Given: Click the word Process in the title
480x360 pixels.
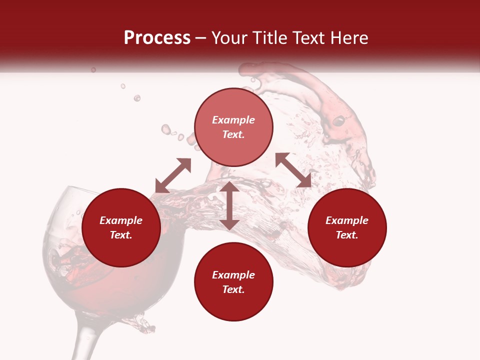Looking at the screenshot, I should [157, 38].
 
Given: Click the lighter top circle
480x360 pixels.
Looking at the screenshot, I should [233, 127].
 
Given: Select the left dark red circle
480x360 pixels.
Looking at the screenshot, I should [121, 227].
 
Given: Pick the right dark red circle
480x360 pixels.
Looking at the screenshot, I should [347, 227].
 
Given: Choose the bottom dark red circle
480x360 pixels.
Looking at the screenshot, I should [233, 282].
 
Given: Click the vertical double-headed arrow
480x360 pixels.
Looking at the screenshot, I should [229, 205].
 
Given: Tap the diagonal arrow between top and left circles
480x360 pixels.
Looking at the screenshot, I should [173, 175].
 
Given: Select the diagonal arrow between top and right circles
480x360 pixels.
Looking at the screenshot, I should [293, 170].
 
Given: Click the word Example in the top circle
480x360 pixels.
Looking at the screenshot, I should [233, 120].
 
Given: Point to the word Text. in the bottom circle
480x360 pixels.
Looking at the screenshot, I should [233, 289].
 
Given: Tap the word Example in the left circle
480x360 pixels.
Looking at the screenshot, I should [121, 220].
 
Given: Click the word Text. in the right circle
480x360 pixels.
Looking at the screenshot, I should [347, 235].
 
